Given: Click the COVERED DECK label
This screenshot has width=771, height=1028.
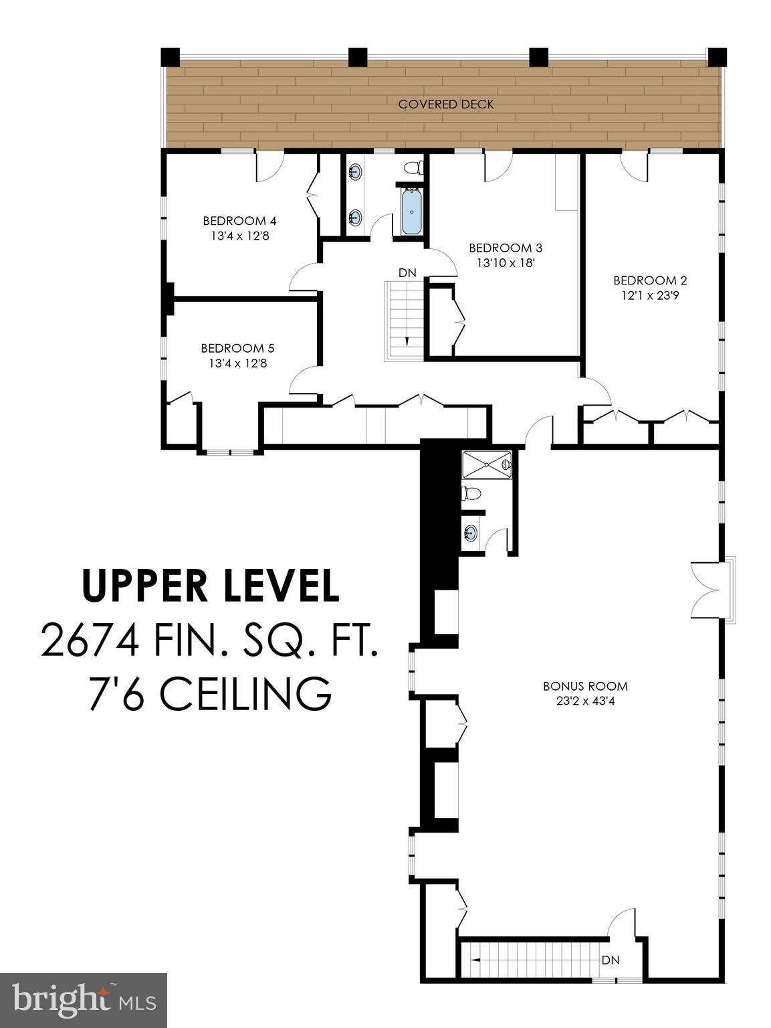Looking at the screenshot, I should [446, 104].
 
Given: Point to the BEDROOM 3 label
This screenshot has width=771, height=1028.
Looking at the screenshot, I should [505, 248].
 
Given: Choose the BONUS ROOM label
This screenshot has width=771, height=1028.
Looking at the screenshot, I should [585, 686].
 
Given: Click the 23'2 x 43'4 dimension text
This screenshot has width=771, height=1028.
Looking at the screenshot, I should [585, 701].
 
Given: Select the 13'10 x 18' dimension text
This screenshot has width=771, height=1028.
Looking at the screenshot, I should [506, 263].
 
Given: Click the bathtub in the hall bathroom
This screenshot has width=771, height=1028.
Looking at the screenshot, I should [411, 212].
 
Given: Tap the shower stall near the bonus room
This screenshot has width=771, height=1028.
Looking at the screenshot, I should [487, 464].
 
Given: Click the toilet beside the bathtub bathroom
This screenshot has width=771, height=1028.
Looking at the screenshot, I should [415, 167].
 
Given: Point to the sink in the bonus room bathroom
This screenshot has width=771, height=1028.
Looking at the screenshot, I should [471, 533].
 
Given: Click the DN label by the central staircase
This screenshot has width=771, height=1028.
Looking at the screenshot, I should [407, 272].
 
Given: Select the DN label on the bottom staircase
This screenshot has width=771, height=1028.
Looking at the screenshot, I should [610, 960].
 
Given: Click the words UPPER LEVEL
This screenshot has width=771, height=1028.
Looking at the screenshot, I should [210, 586].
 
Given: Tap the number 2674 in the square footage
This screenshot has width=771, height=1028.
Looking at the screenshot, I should [90, 640].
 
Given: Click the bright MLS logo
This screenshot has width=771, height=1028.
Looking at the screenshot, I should [84, 1000].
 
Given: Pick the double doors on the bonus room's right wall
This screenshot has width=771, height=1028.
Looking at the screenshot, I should [709, 590].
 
